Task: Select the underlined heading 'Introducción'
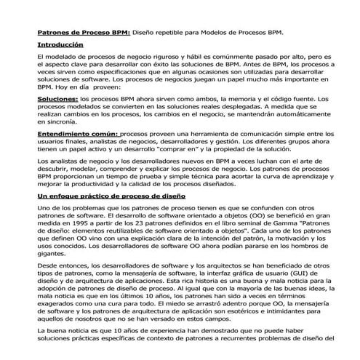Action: tap(60, 45)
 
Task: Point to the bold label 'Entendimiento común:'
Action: tap(76, 135)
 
